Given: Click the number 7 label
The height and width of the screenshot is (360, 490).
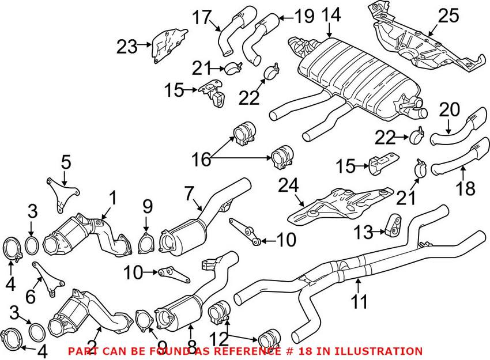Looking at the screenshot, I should (189, 193).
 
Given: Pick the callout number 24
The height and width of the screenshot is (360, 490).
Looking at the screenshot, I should (288, 186).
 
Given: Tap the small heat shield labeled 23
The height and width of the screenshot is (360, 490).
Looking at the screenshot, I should (167, 45).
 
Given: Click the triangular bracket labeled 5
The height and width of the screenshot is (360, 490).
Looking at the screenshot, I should (58, 193).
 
